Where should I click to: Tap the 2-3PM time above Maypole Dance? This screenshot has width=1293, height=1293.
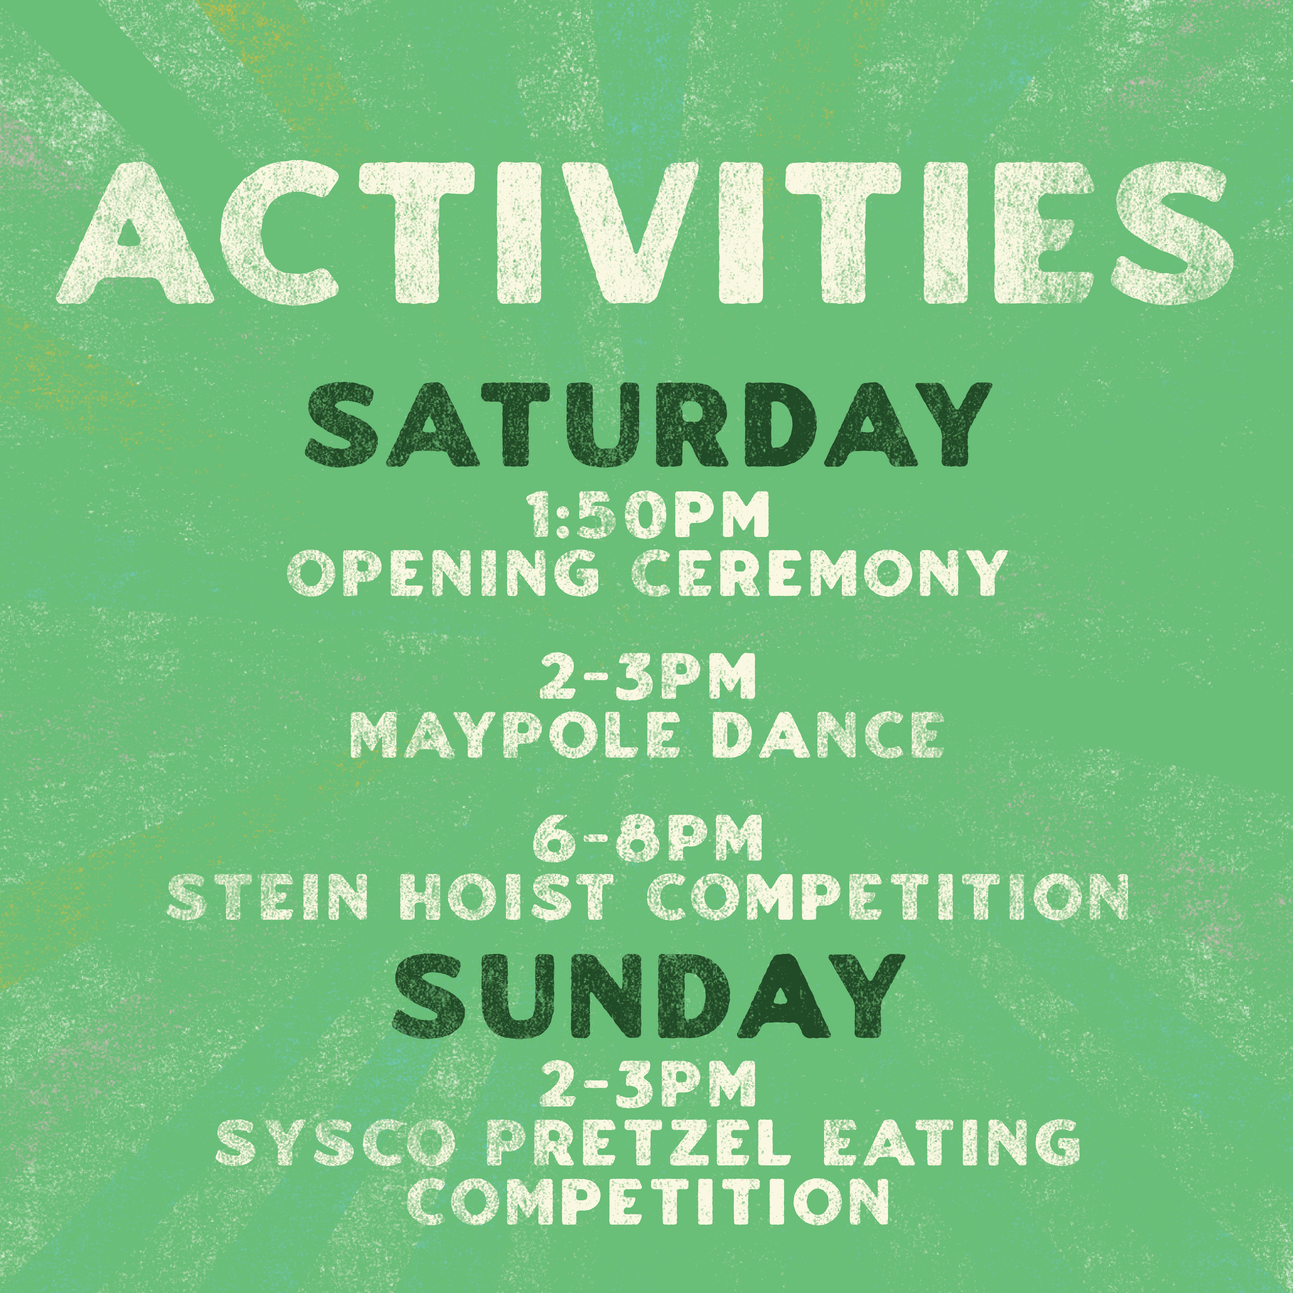[646, 678]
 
